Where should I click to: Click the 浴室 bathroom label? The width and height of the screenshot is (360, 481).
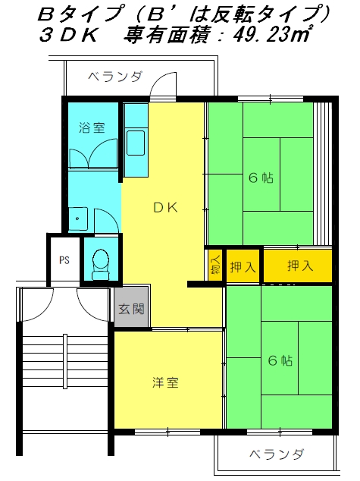click(x=92, y=127)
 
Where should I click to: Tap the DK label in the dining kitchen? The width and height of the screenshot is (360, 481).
click(x=165, y=208)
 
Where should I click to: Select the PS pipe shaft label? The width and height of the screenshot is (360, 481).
click(x=64, y=260)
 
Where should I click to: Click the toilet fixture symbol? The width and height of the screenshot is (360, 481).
click(x=101, y=265)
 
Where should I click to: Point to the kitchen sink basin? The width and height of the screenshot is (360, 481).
click(x=136, y=143)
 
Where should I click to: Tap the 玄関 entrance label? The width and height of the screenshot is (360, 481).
click(x=131, y=309)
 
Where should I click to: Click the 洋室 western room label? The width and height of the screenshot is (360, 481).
click(x=165, y=382)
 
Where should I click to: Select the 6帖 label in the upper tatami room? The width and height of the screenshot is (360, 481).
click(x=261, y=178)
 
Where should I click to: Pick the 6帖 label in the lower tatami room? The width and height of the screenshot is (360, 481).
click(x=280, y=360)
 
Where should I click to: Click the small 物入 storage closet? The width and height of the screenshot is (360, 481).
click(x=216, y=265)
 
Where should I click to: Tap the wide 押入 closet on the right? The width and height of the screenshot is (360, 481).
click(x=298, y=266)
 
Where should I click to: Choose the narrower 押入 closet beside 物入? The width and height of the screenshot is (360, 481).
click(x=243, y=266)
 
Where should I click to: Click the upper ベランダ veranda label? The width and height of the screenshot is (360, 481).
click(x=115, y=77)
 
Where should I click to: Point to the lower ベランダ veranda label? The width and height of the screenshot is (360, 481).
click(x=277, y=454)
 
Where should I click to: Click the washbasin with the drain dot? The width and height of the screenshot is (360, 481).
click(x=78, y=218)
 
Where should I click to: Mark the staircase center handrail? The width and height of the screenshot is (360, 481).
click(x=65, y=362)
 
